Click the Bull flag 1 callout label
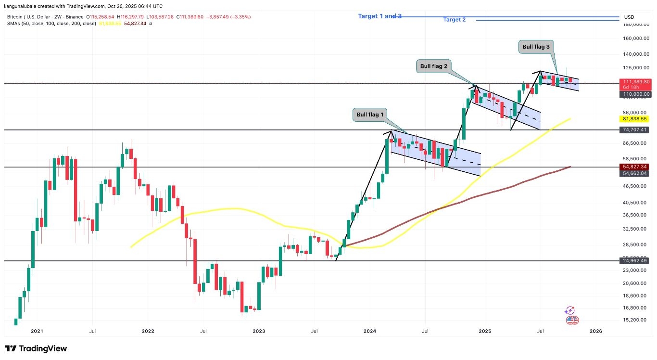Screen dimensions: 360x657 pos(370,115)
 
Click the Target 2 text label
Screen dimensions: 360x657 pos(454,20)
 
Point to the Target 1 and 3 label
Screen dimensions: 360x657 pos(379,16)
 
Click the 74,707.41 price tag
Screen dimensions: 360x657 pos(635,130)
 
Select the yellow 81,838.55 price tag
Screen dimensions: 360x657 pos(635,119)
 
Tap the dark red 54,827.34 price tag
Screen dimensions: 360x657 pos(635,167)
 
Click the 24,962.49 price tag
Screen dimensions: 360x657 pos(635,260)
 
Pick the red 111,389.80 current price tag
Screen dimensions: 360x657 pos(635,82)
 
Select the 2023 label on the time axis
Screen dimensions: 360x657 pos(259,331)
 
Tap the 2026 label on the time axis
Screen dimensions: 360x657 pos(595,331)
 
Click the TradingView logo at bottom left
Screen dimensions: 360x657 pos(36,348)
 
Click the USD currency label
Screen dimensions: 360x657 pos(629,17)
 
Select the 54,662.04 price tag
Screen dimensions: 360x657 pos(635,173)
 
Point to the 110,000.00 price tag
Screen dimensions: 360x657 pos(635,94)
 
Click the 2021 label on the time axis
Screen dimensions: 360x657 pos(37,331)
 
